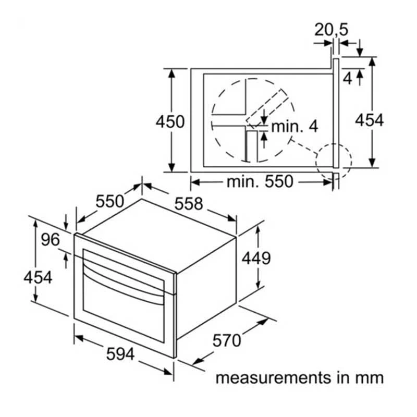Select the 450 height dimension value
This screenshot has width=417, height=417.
[x=170, y=122]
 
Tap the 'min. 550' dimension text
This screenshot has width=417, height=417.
[x=260, y=181]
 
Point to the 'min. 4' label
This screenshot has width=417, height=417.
[x=295, y=127]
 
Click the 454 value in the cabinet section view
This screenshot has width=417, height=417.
[x=370, y=120]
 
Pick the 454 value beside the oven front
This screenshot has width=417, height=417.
[x=38, y=277]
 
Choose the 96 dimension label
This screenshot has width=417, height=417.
[x=50, y=240]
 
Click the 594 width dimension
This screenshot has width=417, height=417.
[x=120, y=354]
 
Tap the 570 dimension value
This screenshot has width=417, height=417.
[x=227, y=340]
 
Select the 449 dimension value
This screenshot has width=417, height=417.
[x=256, y=257]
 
